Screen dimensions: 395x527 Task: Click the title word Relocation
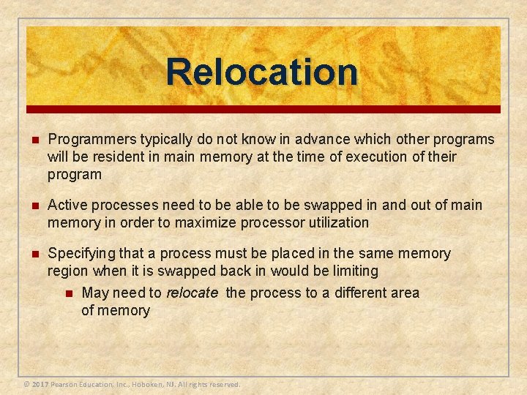(262, 72)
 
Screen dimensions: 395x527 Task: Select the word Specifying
(81, 254)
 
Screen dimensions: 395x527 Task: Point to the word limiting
(353, 271)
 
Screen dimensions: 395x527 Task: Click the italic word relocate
(193, 293)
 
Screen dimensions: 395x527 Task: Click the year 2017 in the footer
(40, 384)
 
